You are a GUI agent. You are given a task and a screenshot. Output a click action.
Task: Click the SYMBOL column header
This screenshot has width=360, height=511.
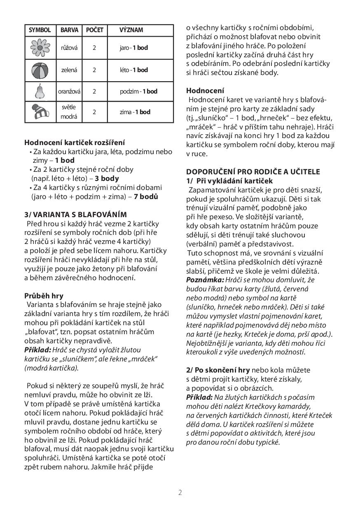pos(40,30)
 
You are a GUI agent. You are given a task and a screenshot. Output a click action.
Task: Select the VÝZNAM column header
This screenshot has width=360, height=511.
pos(131,30)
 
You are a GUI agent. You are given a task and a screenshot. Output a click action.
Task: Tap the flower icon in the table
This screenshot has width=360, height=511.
pos(40,48)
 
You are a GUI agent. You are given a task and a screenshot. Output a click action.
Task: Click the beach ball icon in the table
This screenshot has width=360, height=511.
pos(40,70)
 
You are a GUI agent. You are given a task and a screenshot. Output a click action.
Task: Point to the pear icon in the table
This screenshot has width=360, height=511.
pos(40,91)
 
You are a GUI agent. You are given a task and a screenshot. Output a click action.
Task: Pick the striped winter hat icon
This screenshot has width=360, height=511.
pos(40,112)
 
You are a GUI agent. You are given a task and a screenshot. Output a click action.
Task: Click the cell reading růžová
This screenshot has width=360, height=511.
pos(69,48)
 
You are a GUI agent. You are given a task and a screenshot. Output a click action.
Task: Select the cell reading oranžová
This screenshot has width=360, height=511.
pos(69,91)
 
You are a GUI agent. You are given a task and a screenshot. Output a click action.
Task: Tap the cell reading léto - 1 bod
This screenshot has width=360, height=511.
pos(133,70)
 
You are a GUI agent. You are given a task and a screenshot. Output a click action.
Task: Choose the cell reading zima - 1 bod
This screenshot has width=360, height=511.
pos(135,112)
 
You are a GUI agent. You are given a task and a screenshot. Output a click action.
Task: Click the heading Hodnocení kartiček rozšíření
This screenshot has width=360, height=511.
pos(75,143)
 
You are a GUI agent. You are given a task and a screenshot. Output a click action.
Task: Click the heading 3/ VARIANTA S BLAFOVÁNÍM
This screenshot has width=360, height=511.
pos(75,214)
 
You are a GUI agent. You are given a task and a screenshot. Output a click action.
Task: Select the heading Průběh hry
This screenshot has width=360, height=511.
pos(44,295)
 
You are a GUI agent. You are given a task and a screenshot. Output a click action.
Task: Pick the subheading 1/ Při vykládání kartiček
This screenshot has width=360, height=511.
pos(229,180)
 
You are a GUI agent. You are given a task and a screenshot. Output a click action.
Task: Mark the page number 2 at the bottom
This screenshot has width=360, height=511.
pos(180,492)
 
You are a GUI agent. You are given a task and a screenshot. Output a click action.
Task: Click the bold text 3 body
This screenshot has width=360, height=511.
pos(107,178)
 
